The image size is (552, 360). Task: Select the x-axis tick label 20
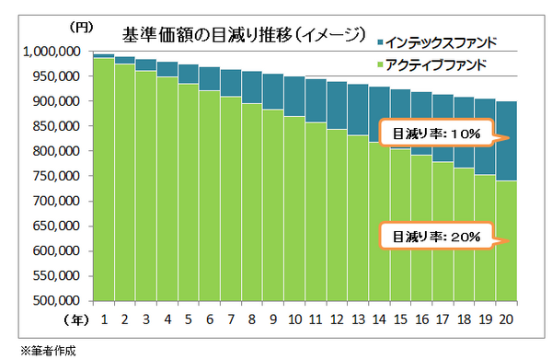(505, 319)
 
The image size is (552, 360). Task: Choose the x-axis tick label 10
(293, 319)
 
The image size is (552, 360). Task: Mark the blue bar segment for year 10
(293, 97)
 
